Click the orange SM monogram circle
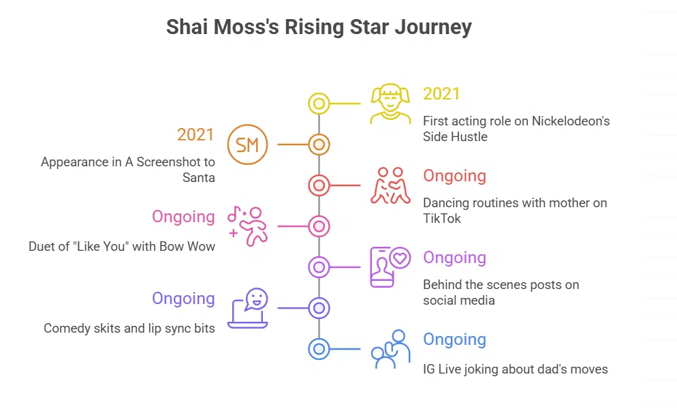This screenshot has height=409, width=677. (x=248, y=145)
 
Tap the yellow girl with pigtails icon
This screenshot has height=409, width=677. (x=390, y=104)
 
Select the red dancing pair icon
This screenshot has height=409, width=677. (x=390, y=185)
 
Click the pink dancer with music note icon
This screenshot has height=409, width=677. (x=248, y=226)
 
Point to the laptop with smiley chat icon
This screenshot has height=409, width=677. (x=248, y=308)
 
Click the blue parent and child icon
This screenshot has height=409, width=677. (x=390, y=349)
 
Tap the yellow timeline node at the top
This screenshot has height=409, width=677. (x=319, y=104)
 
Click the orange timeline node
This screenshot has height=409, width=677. (x=319, y=145)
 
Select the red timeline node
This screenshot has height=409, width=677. (x=319, y=185)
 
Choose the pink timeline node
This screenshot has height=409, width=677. (x=319, y=226)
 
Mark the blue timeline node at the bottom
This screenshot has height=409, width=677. (x=319, y=349)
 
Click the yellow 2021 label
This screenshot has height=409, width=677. (x=441, y=94)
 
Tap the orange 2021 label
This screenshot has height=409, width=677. (x=195, y=135)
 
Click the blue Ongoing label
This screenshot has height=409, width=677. (x=454, y=339)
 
